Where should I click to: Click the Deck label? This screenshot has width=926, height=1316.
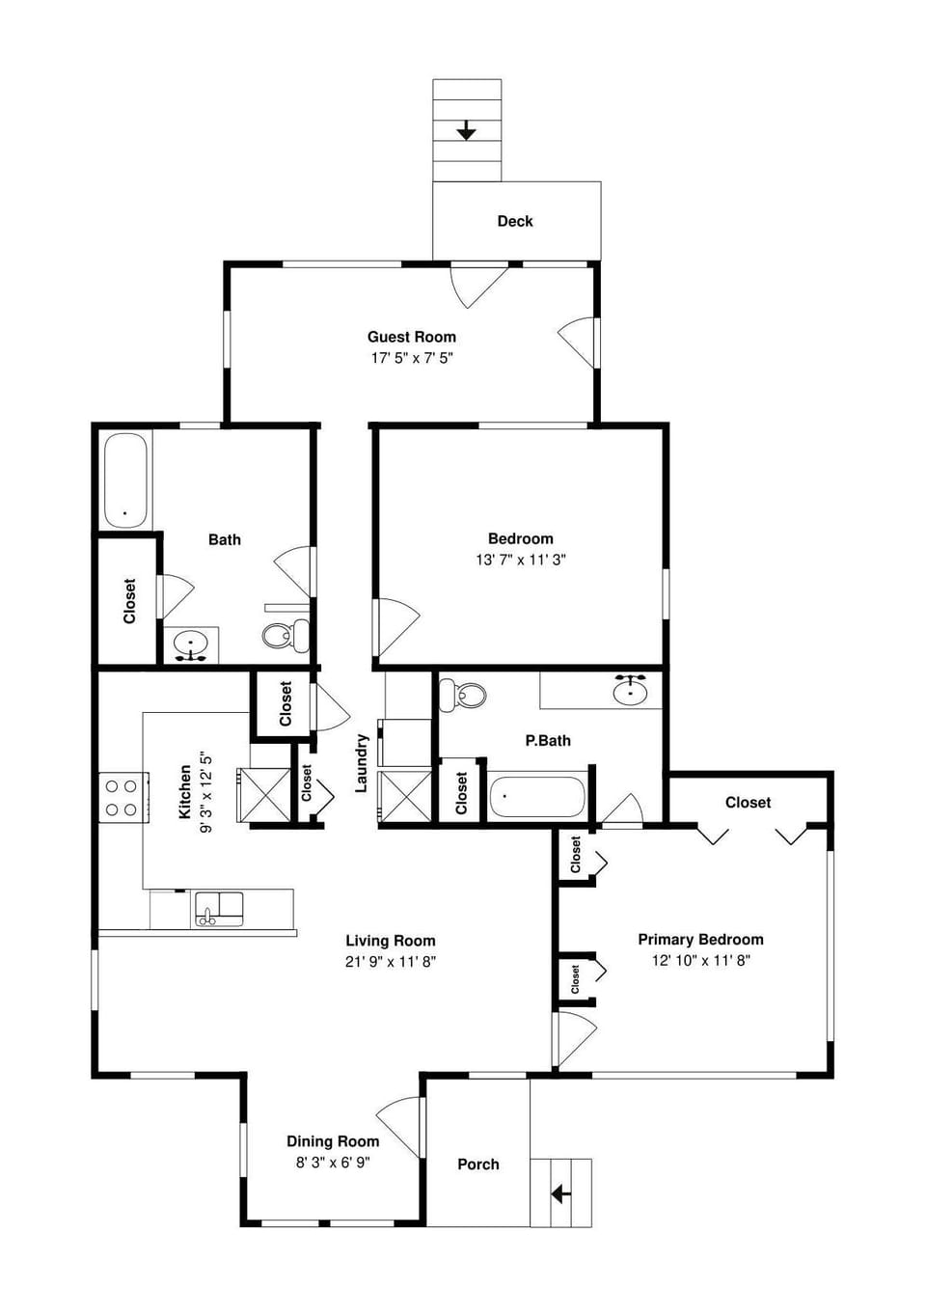tap(514, 221)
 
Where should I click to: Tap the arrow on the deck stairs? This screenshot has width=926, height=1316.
tap(466, 130)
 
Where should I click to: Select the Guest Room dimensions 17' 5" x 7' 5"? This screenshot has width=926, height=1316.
tap(412, 358)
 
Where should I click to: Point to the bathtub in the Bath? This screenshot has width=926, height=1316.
tap(126, 480)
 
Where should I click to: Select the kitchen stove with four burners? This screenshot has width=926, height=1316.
tap(122, 798)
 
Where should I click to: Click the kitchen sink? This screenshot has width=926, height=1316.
tap(219, 908)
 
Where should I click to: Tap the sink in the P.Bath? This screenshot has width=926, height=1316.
tap(630, 690)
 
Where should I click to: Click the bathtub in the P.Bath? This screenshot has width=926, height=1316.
tap(536, 798)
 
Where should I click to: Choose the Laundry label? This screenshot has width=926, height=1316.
tap(362, 763)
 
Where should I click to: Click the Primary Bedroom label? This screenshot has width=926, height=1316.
tap(700, 940)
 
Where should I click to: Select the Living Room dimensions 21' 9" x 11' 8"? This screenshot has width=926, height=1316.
tap(391, 961)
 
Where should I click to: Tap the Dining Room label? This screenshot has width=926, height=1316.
tap(333, 1141)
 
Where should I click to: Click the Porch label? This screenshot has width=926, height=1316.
tap(477, 1165)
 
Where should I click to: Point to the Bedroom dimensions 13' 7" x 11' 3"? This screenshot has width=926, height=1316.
tap(520, 560)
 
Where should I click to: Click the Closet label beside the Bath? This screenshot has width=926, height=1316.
tap(129, 601)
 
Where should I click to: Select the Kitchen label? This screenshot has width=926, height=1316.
tap(185, 792)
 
